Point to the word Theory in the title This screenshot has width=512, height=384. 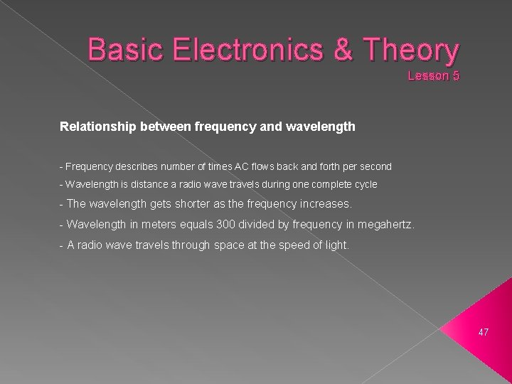point(412,51)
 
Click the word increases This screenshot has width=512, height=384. point(321,204)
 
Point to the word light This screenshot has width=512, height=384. point(335,245)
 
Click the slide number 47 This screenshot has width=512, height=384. point(484,332)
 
